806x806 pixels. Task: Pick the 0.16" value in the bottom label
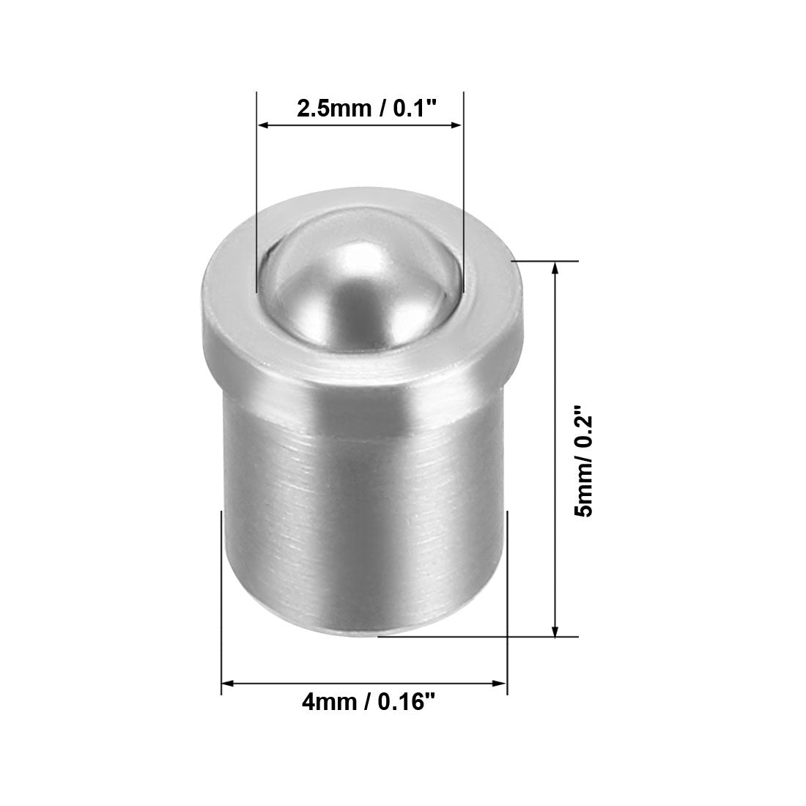tap(407, 702)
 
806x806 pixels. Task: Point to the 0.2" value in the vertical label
tap(584, 427)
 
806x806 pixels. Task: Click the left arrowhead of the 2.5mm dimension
tap(265, 125)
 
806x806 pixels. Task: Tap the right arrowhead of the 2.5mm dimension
tap(456, 125)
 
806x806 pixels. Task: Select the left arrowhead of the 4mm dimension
tap(228, 684)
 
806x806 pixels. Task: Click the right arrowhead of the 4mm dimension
tap(500, 684)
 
